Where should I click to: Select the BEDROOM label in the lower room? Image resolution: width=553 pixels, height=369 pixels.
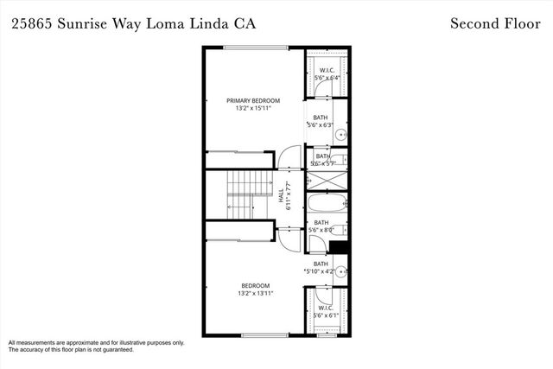point(256,286)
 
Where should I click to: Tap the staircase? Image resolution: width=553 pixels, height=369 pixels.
point(242,195)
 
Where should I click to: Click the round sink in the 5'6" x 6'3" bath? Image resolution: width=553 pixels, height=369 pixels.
point(340,135)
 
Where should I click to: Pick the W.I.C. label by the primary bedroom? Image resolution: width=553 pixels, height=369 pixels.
point(327,70)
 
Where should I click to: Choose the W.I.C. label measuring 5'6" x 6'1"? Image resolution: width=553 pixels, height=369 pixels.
point(326,308)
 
